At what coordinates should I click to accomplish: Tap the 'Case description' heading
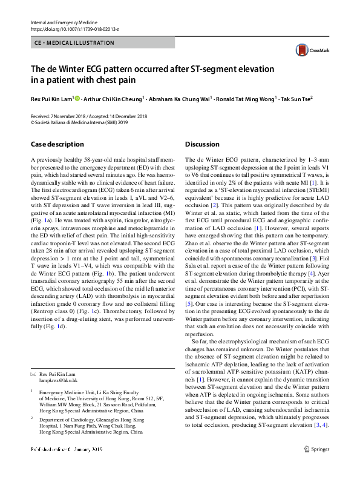pyautogui.click(x=57, y=145)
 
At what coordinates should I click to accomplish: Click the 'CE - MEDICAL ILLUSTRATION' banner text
pyautogui.click(x=76, y=43)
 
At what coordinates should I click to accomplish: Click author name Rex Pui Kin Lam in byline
pyautogui.click(x=51, y=98)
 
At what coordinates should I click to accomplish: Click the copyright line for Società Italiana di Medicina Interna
pyautogui.click(x=76, y=121)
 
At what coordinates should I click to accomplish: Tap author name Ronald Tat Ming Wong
pyautogui.click(x=246, y=98)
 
